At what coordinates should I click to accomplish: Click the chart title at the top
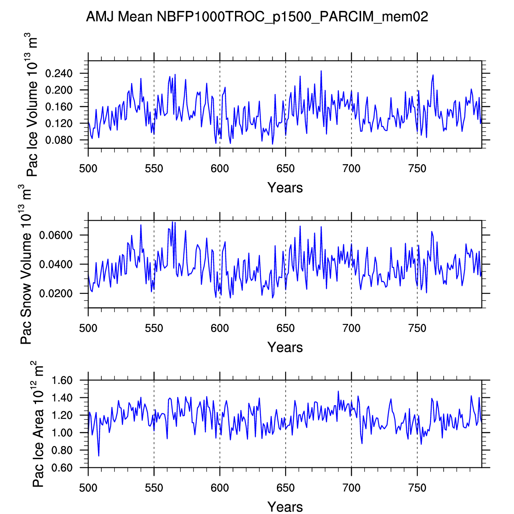257,17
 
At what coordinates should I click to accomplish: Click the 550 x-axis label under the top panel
154,169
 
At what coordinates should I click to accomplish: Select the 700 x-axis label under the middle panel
351,328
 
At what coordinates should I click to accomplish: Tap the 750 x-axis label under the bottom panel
417,488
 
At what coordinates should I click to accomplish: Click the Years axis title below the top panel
285,188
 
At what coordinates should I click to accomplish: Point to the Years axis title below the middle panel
285,347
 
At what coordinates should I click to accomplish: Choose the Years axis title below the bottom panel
285,507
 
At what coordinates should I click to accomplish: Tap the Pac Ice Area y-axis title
38,424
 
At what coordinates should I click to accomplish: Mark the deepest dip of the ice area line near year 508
99,456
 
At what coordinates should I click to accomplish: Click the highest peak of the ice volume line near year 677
321,71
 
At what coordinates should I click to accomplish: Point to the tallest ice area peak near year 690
338,391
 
